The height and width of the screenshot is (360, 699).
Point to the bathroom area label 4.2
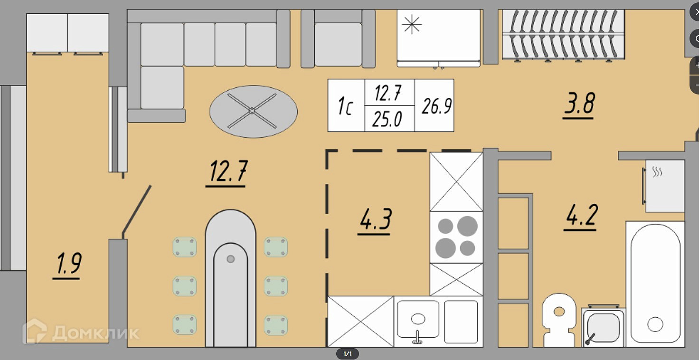click(x=582, y=215)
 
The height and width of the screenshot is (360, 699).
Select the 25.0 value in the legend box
click(x=387, y=119)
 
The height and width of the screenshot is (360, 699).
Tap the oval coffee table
click(x=254, y=112)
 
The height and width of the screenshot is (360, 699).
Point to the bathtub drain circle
click(x=655, y=325)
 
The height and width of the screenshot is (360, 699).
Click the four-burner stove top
click(x=456, y=237)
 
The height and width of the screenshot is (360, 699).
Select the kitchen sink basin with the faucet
click(x=418, y=320)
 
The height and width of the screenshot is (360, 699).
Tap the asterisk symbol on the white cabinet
click(x=412, y=24)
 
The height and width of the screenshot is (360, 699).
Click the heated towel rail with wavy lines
click(x=664, y=186)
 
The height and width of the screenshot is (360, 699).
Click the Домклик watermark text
click(x=95, y=333)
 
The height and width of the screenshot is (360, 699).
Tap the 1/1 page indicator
click(x=347, y=354)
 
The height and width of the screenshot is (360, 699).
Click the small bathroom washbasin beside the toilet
click(x=603, y=327)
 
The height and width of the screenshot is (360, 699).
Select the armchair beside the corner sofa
click(x=338, y=38)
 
